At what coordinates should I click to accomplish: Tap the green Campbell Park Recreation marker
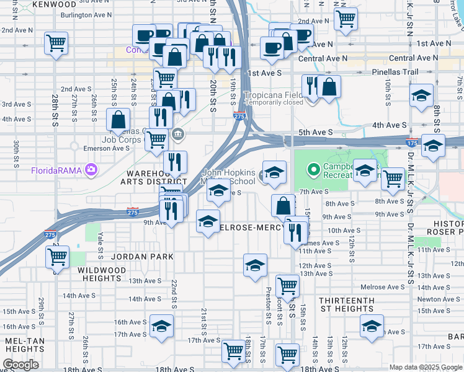coord(314,169)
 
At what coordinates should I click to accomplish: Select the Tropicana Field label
coord(273,95)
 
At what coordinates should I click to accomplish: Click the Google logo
coord(20,365)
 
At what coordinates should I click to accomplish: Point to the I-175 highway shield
coord(411,143)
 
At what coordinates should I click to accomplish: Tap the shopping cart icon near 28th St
coord(56,43)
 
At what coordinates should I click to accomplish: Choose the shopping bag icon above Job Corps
coord(117,119)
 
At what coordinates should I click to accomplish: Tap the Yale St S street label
coord(100,245)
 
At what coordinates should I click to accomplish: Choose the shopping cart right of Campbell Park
coord(393,179)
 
